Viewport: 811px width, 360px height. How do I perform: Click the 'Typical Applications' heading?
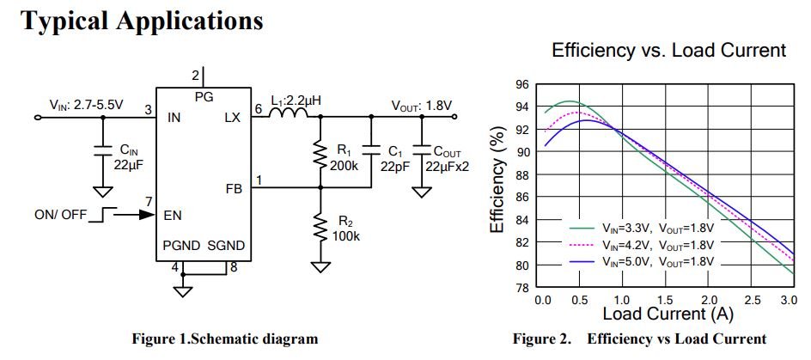point(142,20)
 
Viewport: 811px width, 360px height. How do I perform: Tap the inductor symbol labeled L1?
point(290,116)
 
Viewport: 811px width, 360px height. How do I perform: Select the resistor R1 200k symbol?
point(320,155)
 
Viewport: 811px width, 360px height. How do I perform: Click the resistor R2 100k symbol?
point(320,228)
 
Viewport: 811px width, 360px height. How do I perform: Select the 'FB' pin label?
point(232,188)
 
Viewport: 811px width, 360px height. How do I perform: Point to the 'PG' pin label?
point(204,96)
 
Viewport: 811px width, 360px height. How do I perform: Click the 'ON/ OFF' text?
point(60,215)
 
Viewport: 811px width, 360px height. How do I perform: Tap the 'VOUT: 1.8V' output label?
point(421,106)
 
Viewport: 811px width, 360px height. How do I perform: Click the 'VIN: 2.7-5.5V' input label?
point(86,105)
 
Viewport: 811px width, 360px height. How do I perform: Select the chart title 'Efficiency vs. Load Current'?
point(668,51)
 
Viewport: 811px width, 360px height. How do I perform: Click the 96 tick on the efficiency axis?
point(521,85)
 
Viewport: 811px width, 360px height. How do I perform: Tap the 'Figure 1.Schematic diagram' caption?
point(224,339)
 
